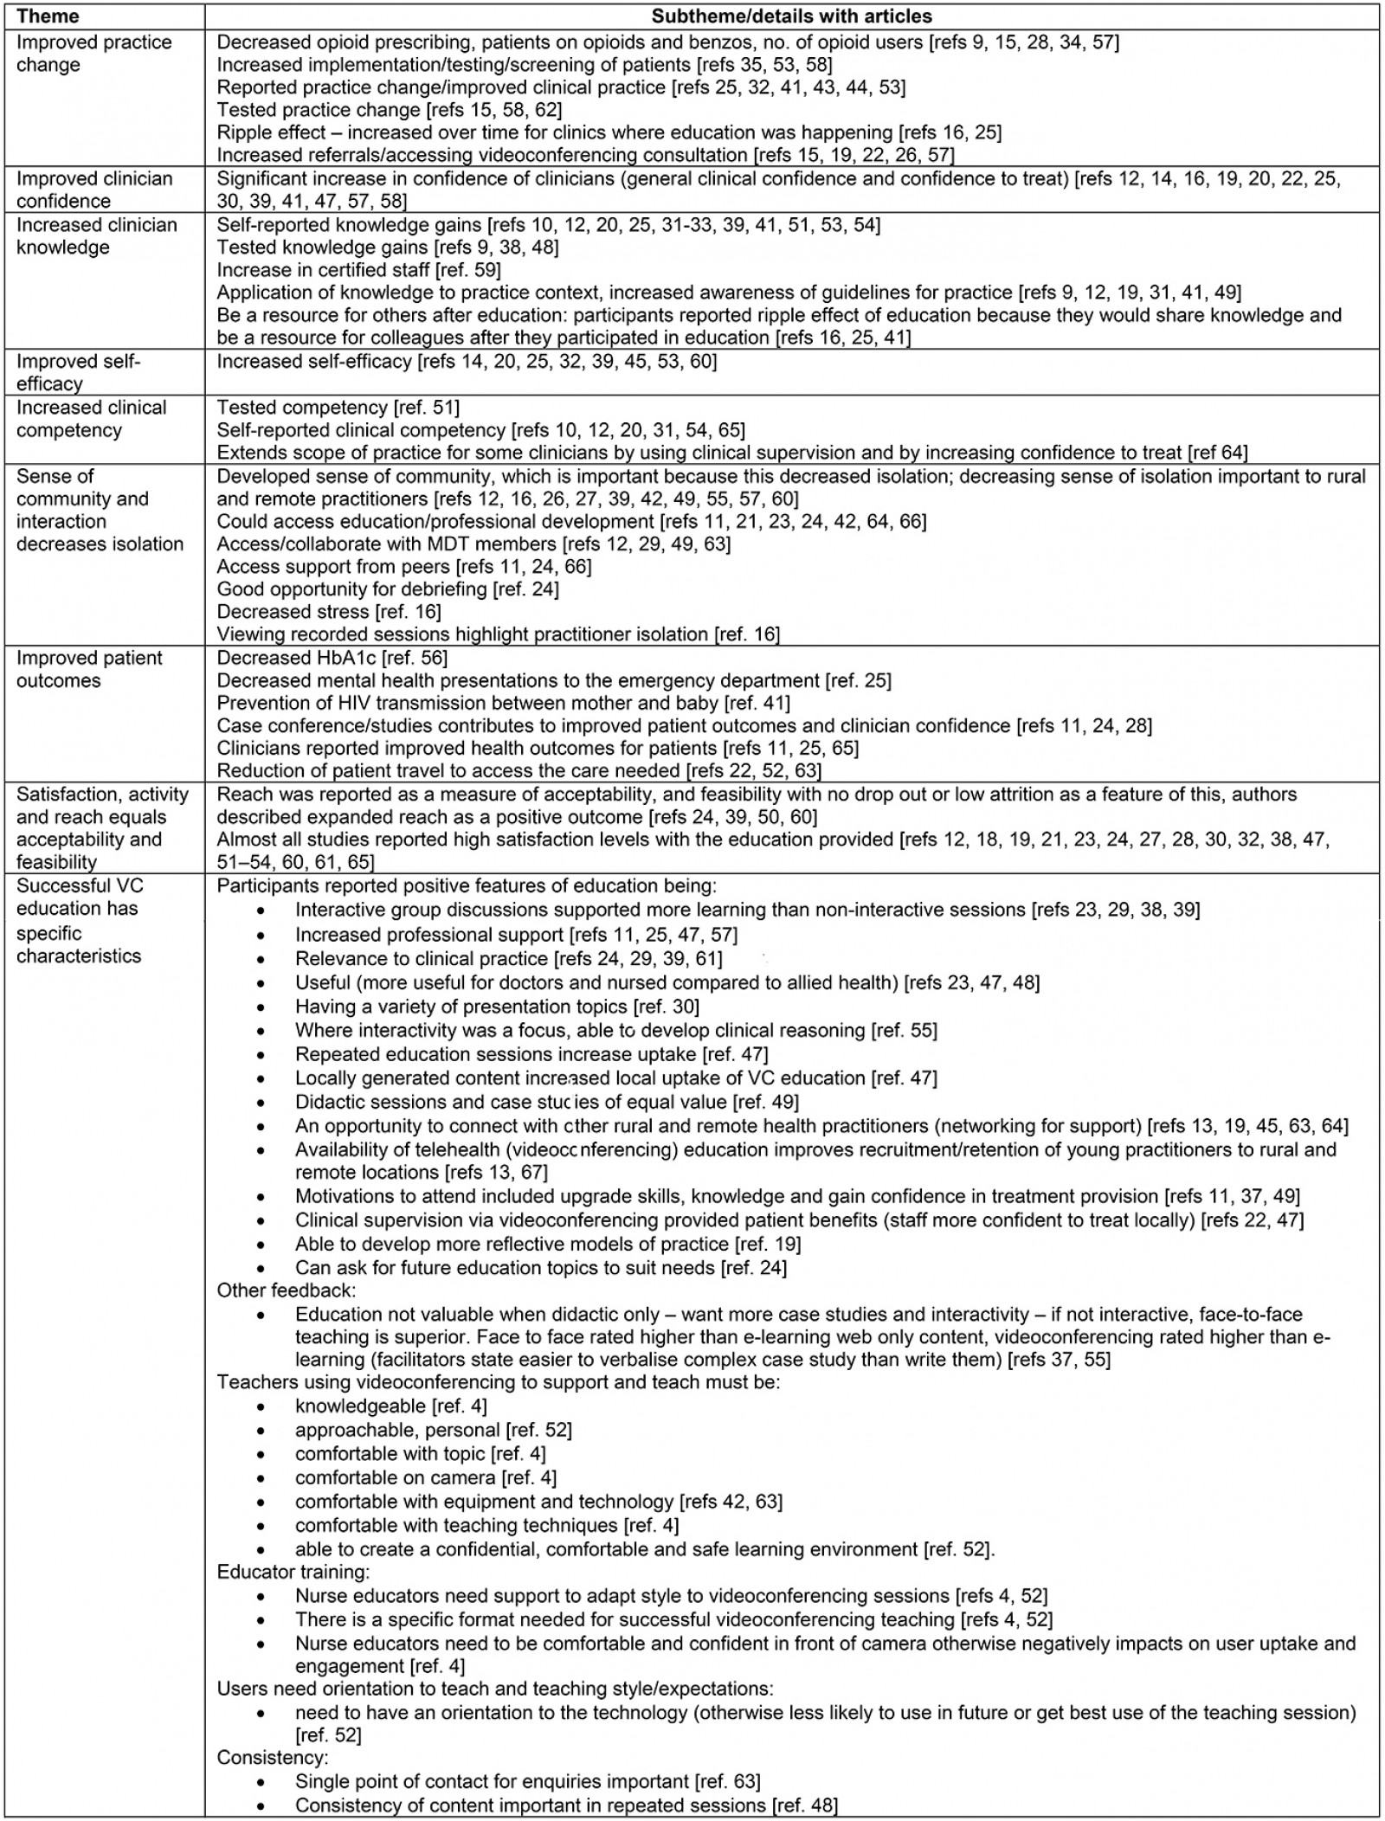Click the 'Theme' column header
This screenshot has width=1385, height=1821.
coord(48,16)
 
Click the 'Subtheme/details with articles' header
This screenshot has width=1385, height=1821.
coord(791,16)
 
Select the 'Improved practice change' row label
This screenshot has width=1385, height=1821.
coord(93,54)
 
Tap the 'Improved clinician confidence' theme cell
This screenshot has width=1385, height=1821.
coord(94,190)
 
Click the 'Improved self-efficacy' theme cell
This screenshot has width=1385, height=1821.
coord(78,372)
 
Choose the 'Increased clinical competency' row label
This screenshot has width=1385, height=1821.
coord(91,419)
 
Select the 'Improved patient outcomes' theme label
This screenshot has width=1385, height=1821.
coord(89,669)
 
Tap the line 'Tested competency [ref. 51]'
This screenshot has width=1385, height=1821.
coord(338,408)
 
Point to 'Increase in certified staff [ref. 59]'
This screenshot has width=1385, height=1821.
coord(358,270)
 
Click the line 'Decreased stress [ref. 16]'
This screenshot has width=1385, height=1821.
coord(329,612)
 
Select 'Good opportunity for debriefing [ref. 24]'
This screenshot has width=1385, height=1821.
coord(388,589)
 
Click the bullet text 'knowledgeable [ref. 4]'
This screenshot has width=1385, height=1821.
coord(390,1406)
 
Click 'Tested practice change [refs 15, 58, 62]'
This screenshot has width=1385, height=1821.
coord(389,110)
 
